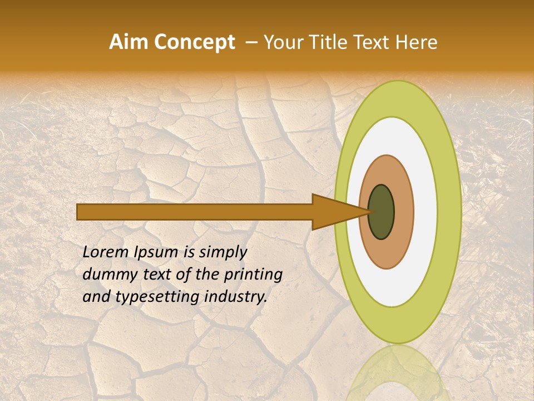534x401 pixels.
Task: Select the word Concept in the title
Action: (195, 43)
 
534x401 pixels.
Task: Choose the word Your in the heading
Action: (281, 42)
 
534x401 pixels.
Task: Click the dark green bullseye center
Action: (382, 212)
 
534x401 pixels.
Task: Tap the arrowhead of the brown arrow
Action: (339, 212)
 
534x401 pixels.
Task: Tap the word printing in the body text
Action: (254, 275)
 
